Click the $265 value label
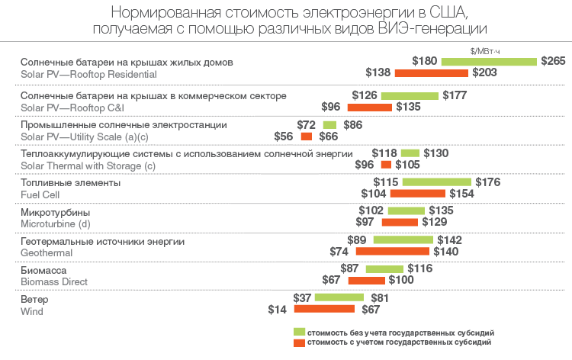tap(552, 61)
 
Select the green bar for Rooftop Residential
tap(489, 61)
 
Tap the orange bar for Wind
tap(324, 309)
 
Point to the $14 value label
tap(278, 309)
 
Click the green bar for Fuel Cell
tap(437, 182)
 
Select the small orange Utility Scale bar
tap(307, 137)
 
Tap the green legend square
tap(300, 333)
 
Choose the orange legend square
tap(300, 343)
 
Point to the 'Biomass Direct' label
tap(54, 281)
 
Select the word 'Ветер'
tap(35, 299)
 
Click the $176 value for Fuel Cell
tap(487, 182)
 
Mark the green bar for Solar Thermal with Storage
tap(410, 153)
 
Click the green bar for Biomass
tap(384, 269)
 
